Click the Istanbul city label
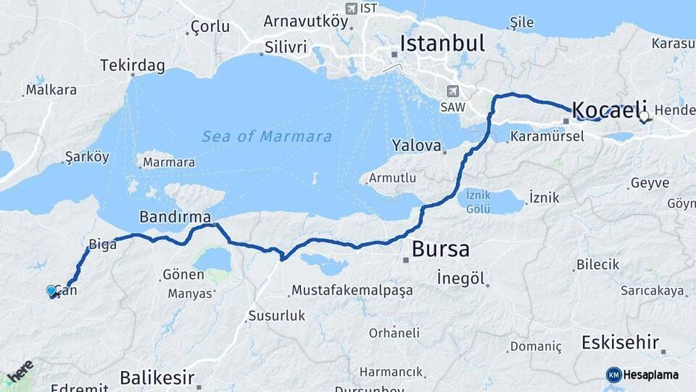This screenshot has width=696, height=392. tap(442, 43)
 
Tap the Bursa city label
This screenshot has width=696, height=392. tap(440, 250)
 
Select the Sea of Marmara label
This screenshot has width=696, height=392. tap(267, 136)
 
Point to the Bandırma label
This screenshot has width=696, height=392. tap(175, 216)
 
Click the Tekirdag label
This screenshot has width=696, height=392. tap(133, 65)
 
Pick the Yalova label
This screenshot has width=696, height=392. tap(416, 145)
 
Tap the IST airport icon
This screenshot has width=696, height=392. tap(352, 8)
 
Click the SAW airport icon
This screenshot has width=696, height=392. tap(453, 91)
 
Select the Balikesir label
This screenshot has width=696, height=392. tap(157, 377)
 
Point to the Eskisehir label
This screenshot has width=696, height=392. tap(620, 343)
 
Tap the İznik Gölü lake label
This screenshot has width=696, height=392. tap(479, 202)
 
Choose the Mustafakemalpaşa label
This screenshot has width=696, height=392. tap(352, 290)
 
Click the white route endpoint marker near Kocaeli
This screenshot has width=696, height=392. tap(644, 115)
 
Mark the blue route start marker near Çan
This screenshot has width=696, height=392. tap(51, 291)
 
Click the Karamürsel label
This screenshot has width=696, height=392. tap(547, 136)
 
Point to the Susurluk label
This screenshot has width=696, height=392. tap(276, 316)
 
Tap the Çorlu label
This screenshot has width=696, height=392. tap(210, 27)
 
